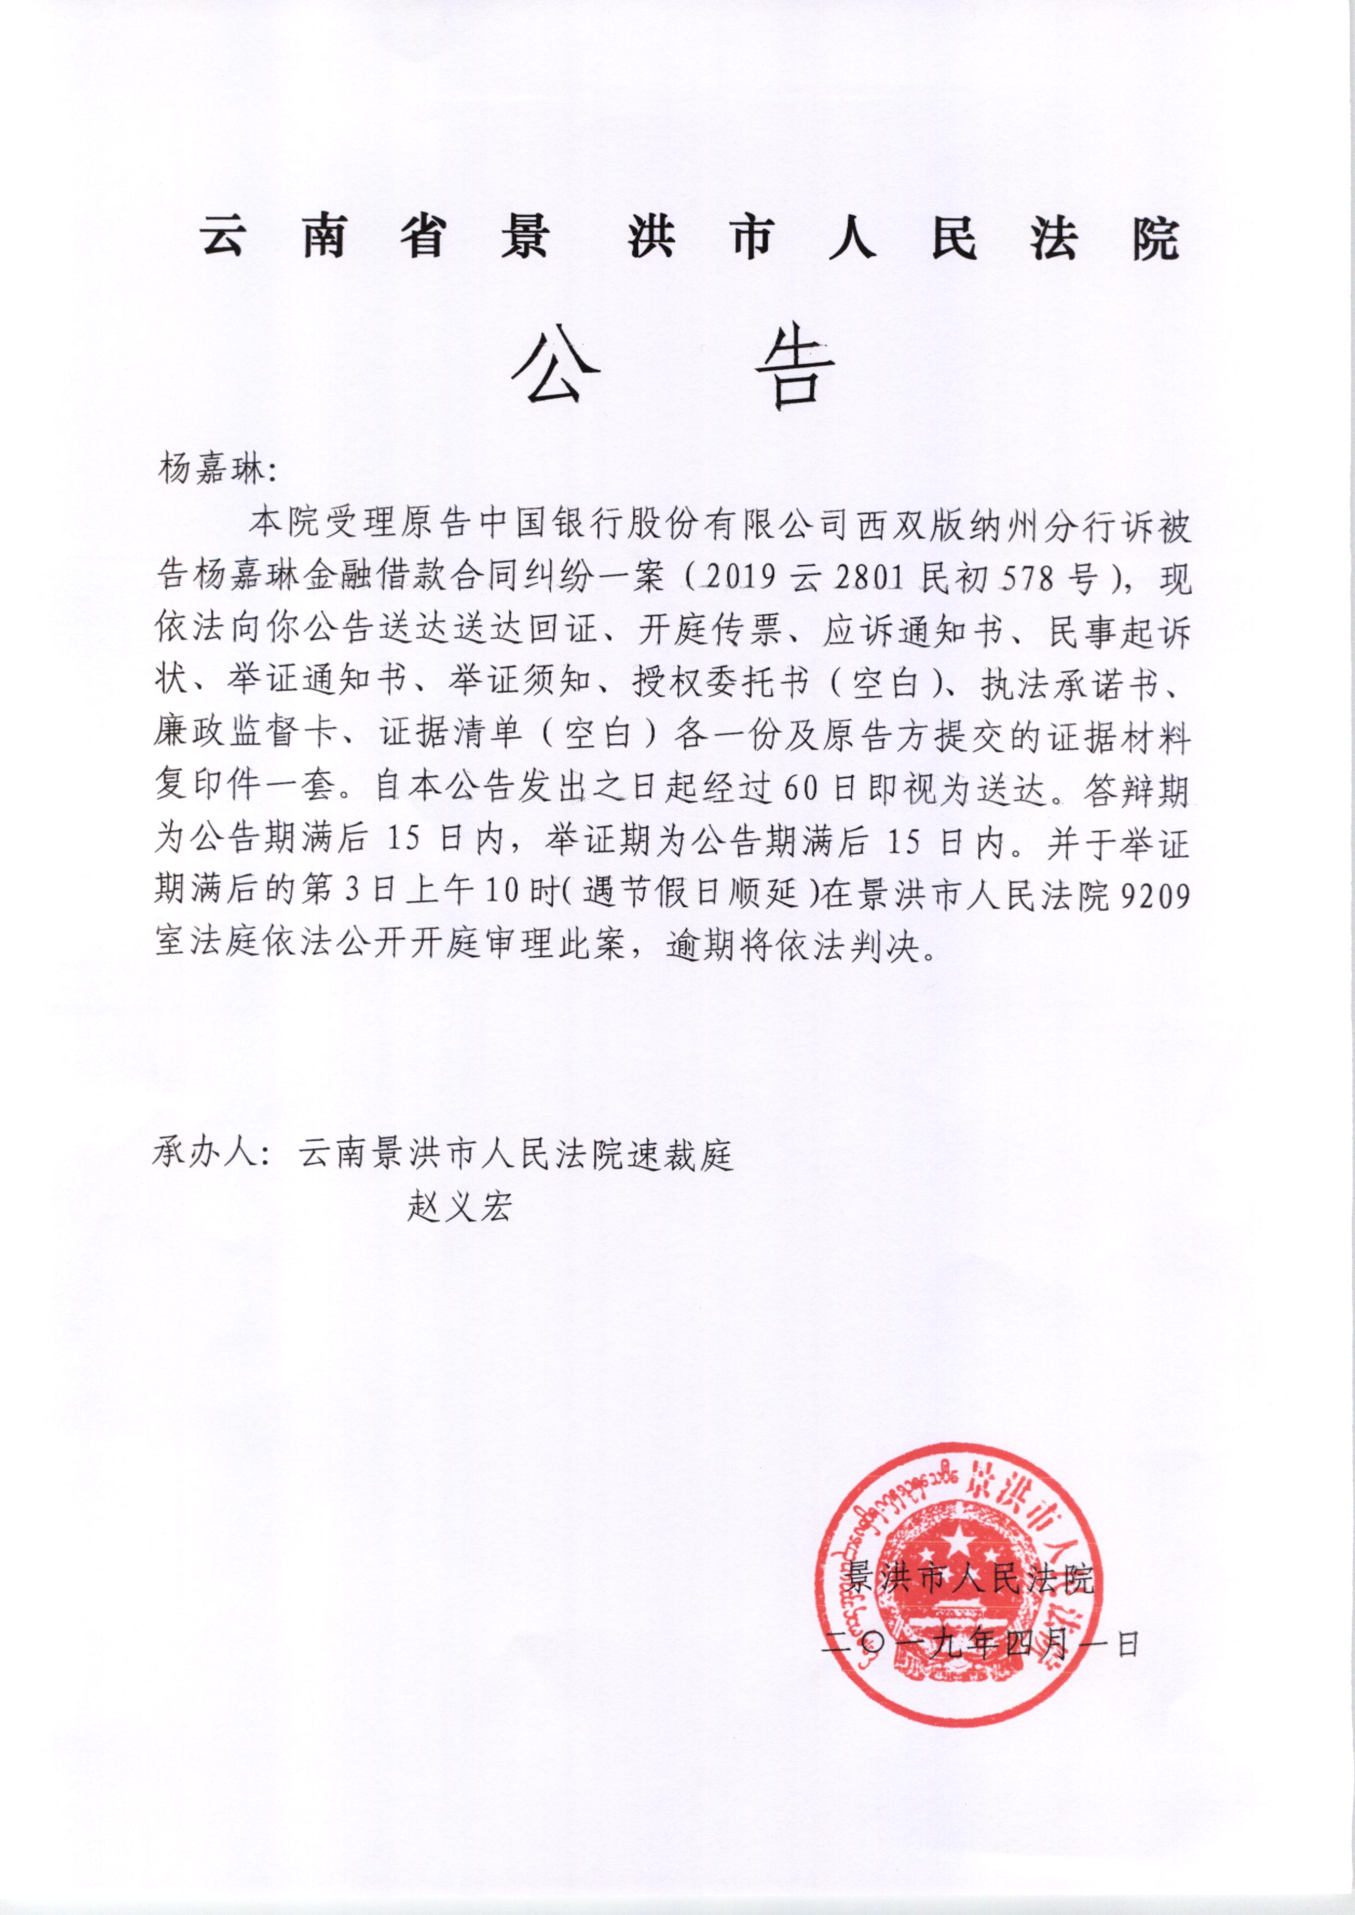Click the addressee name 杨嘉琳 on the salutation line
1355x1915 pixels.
[209, 471]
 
